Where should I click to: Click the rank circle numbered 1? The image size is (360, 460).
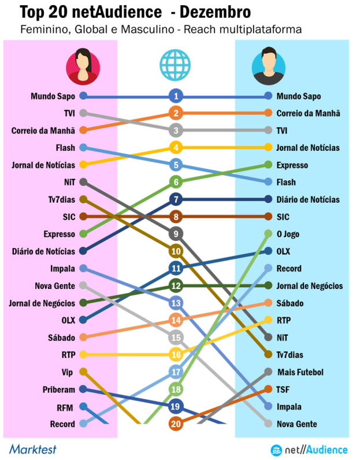pyautogui.click(x=176, y=96)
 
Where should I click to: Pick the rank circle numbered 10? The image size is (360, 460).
pyautogui.click(x=176, y=251)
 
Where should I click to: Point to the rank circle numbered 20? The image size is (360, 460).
pyautogui.click(x=176, y=424)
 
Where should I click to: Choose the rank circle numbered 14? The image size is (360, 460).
pyautogui.click(x=176, y=320)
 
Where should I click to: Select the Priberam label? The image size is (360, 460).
pyautogui.click(x=58, y=389)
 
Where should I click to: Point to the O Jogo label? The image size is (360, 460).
pyautogui.click(x=288, y=234)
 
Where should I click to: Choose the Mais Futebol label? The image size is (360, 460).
pyautogui.click(x=300, y=372)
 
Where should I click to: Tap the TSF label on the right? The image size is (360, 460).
pyautogui.click(x=284, y=389)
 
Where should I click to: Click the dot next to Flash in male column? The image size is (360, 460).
pyautogui.click(x=268, y=182)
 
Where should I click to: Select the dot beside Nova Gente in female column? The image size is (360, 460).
pyautogui.click(x=83, y=285)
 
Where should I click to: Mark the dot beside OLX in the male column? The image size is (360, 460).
pyautogui.click(x=268, y=251)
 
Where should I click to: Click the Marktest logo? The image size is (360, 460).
pyautogui.click(x=32, y=449)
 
